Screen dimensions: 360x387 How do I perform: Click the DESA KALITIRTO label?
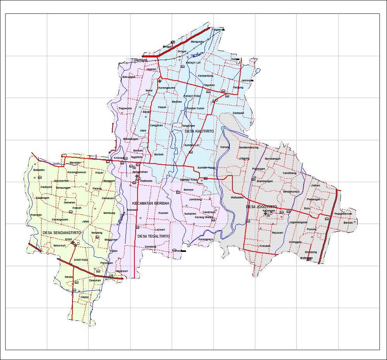199,131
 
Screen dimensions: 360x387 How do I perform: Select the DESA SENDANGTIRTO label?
58,233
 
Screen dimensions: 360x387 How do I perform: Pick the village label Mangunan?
197,41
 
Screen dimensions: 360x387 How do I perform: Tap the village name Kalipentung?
205,76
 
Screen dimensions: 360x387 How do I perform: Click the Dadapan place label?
239,113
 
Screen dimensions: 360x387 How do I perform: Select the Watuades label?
237,197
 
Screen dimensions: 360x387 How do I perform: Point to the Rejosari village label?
278,233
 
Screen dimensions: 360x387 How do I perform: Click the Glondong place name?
311,252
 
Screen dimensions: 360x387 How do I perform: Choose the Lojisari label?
160,229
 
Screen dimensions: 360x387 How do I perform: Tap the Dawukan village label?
95,280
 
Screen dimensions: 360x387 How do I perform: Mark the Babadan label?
39,170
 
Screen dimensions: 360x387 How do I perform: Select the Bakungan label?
129,77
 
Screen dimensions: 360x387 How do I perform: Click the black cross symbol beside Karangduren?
160,81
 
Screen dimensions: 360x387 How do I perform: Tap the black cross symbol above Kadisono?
137,176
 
